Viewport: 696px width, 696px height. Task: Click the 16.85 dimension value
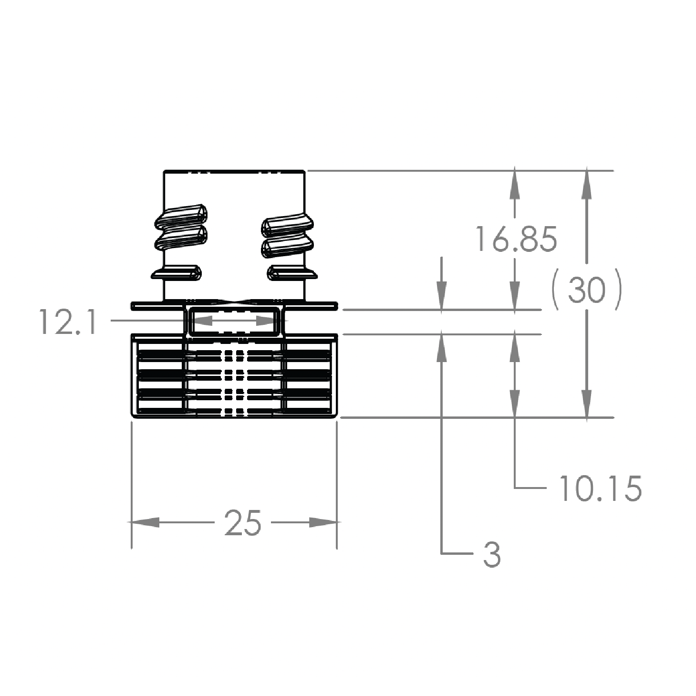coord(516,239)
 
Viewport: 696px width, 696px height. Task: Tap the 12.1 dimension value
coord(68,321)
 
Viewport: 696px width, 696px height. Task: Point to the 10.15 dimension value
coord(601,488)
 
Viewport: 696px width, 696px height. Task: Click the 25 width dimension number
coord(243,523)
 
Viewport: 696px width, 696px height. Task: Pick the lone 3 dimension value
coord(492,554)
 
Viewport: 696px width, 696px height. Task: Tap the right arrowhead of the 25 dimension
coord(323,522)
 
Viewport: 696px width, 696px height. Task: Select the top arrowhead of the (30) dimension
coord(587,185)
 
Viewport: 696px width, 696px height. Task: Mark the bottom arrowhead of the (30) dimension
coord(587,404)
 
